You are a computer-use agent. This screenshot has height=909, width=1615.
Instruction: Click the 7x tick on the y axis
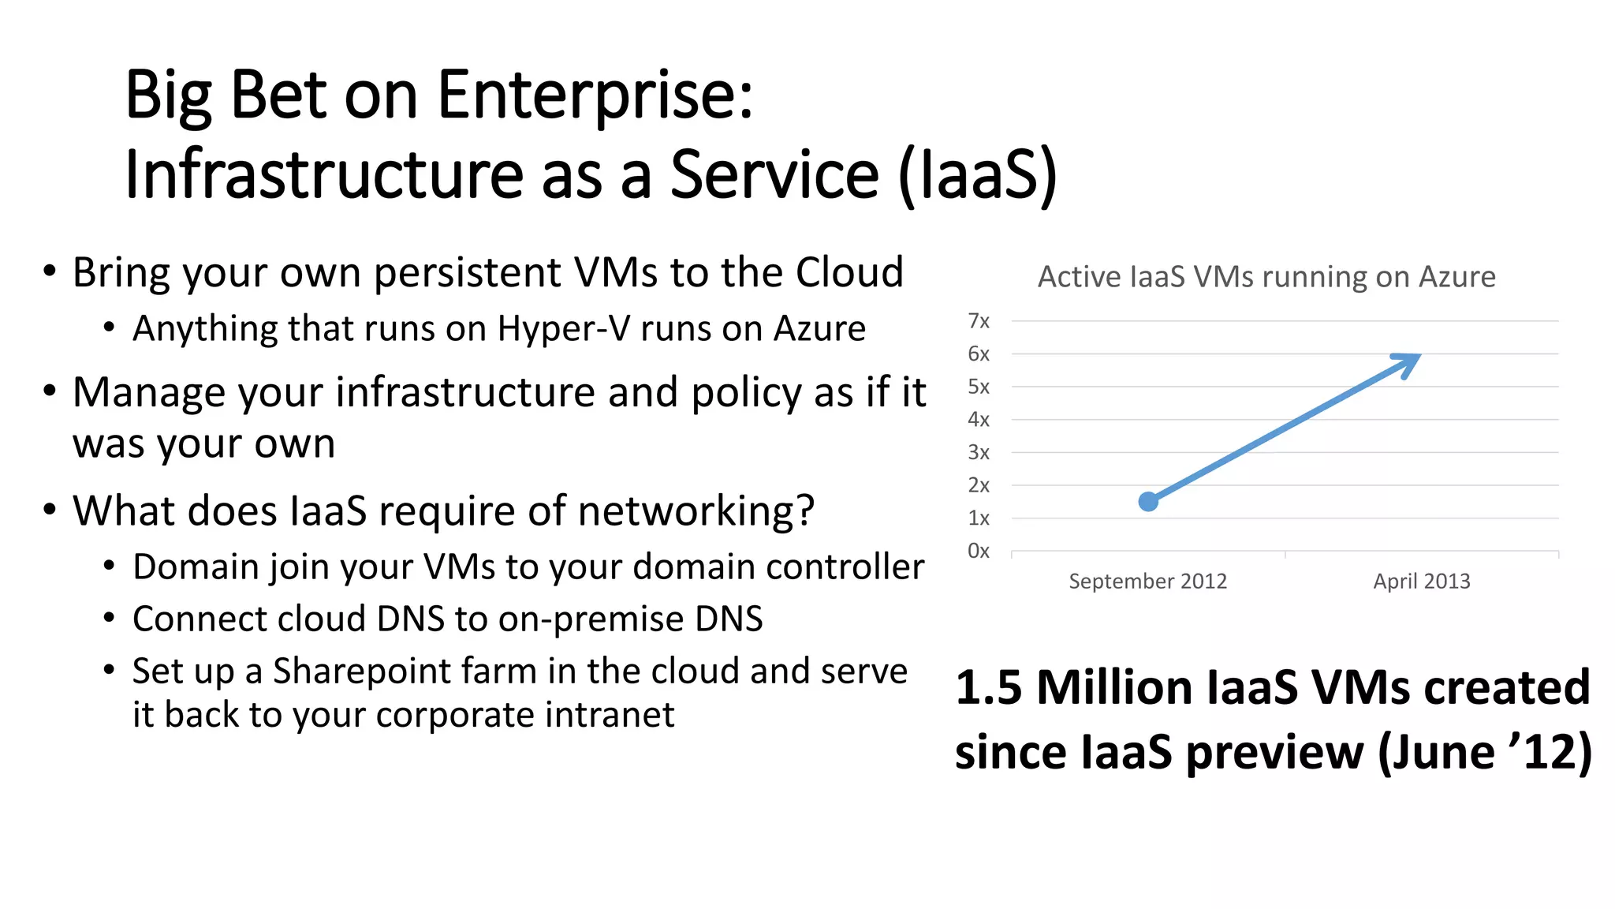click(x=978, y=321)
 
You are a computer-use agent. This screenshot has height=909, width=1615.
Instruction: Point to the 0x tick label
click(x=978, y=551)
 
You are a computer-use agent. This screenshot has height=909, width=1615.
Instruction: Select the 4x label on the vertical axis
click(x=978, y=420)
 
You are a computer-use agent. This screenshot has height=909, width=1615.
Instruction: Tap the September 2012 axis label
click(x=1147, y=582)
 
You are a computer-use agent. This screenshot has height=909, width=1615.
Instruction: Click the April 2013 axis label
click(x=1421, y=582)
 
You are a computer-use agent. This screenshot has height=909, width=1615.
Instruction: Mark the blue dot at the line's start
click(x=1148, y=501)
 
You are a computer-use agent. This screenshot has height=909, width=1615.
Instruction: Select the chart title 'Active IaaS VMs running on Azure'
click(x=1266, y=277)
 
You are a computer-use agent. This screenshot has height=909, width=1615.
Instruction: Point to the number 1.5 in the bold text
click(x=988, y=687)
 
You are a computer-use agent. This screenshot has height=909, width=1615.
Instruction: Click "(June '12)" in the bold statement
click(x=1484, y=752)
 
